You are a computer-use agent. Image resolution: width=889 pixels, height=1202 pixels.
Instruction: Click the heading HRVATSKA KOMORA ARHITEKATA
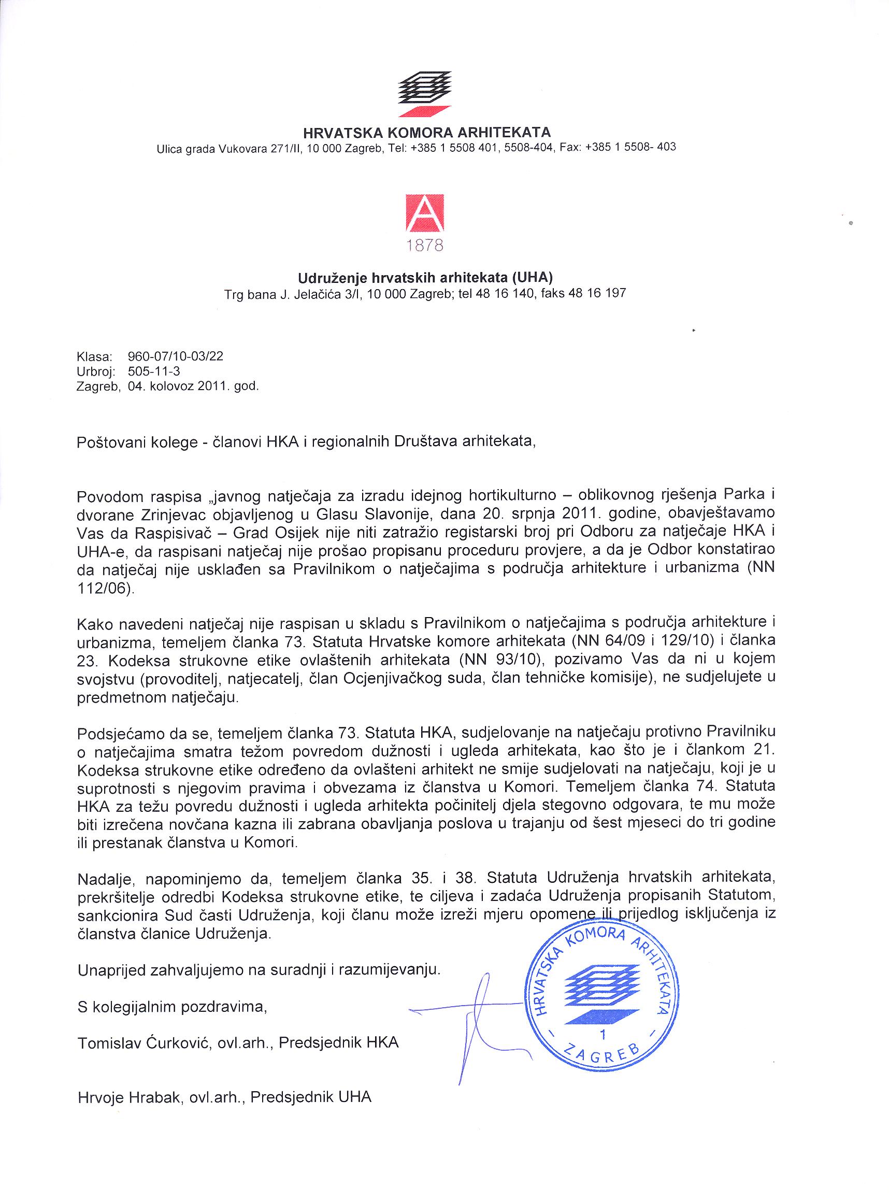point(427,132)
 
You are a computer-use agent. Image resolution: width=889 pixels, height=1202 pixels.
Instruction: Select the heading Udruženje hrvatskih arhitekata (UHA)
point(425,278)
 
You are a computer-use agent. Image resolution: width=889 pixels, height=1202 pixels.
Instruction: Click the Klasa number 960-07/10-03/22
point(176,357)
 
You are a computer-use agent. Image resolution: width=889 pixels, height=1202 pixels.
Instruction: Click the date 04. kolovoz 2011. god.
point(193,386)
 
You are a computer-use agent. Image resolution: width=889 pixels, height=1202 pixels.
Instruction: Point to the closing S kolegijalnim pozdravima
point(172,1007)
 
